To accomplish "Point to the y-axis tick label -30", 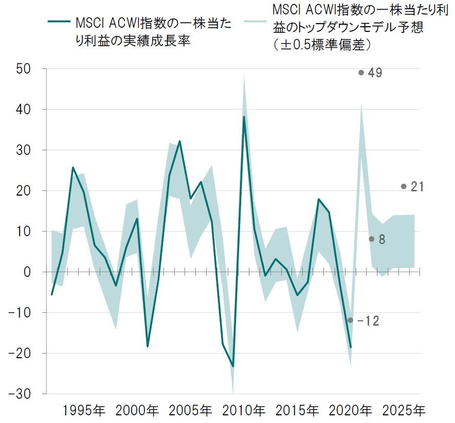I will (21, 394).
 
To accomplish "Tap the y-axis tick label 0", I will (29, 272).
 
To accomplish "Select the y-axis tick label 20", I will (24, 191).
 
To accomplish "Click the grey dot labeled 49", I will (361, 73).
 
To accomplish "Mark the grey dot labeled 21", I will (404, 186).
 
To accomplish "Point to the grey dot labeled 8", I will (371, 239).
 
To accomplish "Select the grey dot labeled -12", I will (350, 320).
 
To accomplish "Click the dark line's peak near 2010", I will (244, 117).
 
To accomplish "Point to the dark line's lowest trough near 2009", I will (233, 366).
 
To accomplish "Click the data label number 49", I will (375, 73).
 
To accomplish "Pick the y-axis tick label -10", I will (21, 312).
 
